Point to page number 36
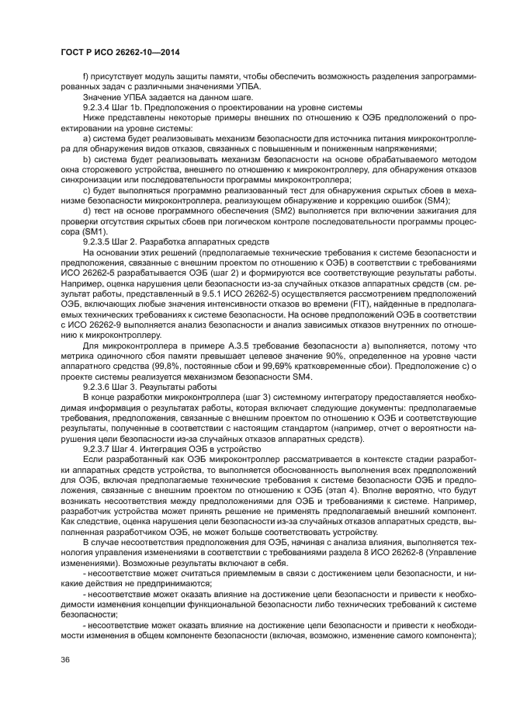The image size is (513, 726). pyautogui.click(x=66, y=660)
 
